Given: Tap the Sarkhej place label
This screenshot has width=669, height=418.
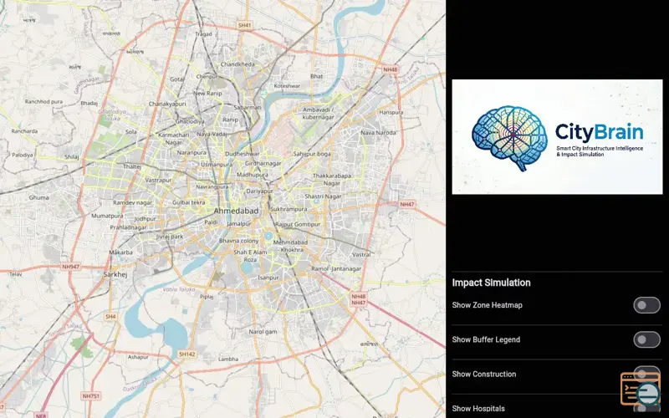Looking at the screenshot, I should [115, 273].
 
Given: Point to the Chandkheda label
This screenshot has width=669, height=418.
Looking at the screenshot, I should [237, 64].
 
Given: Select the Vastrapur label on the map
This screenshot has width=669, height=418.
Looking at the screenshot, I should [158, 180].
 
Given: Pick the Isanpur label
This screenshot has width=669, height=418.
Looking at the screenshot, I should [268, 277].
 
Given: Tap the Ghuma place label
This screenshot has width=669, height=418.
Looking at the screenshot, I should [39, 197].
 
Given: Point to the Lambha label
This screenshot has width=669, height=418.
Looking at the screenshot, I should [228, 359].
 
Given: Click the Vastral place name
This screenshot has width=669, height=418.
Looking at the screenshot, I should [361, 253].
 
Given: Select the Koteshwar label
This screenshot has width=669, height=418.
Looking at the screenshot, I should [287, 85].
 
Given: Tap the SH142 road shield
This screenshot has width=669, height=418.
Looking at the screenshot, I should [187, 354].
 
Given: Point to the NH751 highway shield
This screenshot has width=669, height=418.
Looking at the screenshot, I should [90, 395].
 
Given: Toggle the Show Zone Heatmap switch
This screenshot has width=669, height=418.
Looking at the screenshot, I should [646, 305].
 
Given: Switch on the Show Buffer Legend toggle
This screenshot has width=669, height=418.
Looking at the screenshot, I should [646, 339].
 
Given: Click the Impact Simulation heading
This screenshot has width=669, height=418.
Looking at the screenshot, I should [491, 283].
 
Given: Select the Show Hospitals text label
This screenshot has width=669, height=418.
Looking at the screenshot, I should [478, 409].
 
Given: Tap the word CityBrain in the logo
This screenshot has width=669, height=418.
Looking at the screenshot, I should [600, 132].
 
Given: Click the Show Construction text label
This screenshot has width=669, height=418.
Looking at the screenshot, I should [484, 374].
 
